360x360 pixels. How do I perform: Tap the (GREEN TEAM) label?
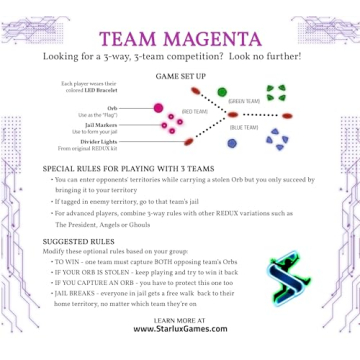(243, 102)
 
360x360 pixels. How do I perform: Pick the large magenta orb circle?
(157, 106)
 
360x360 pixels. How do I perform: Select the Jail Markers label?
(111, 126)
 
